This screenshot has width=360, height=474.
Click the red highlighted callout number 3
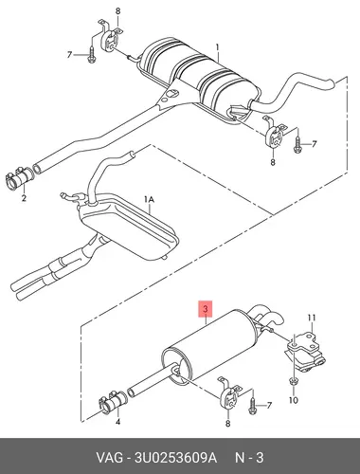tap(206, 309)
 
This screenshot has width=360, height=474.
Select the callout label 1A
tap(149, 199)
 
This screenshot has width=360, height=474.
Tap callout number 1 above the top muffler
tap(217, 47)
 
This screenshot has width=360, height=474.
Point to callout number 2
tap(24, 198)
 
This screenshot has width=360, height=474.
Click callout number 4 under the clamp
tap(117, 422)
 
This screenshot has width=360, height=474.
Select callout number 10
tap(294, 400)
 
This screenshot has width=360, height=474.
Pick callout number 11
tap(312, 318)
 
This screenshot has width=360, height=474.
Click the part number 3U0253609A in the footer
tap(176, 458)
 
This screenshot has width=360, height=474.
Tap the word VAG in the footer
tap(109, 458)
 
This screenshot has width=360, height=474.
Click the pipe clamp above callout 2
tap(19, 178)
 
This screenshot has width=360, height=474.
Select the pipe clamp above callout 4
tap(113, 401)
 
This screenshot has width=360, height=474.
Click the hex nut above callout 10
tap(293, 382)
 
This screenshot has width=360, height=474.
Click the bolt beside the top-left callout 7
tap(91, 55)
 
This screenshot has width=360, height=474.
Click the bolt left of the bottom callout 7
tap(252, 406)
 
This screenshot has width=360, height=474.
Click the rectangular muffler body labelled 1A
tap(128, 228)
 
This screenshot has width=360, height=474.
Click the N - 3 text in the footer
tap(249, 458)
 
